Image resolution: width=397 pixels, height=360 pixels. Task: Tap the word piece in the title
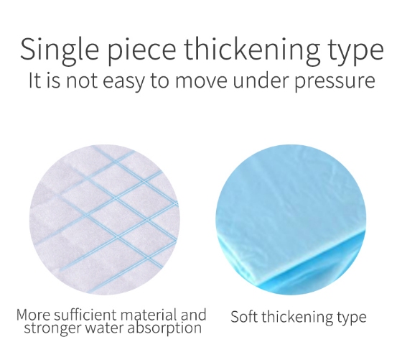point(142,51)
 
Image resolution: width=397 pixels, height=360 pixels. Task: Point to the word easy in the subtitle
point(123,81)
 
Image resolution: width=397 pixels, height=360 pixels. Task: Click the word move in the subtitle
point(201,81)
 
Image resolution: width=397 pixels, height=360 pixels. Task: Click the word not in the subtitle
point(82,80)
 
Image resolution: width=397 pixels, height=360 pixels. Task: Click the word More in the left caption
point(33,315)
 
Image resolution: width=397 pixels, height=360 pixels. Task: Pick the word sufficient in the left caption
point(86,315)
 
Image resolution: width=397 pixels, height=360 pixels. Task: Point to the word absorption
point(164,328)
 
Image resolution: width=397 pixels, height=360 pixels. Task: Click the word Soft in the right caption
point(244,317)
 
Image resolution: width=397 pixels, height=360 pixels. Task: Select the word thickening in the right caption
point(297,317)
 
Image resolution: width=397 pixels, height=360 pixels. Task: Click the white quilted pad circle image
point(104,220)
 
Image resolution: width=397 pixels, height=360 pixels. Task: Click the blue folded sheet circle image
point(291,220)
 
